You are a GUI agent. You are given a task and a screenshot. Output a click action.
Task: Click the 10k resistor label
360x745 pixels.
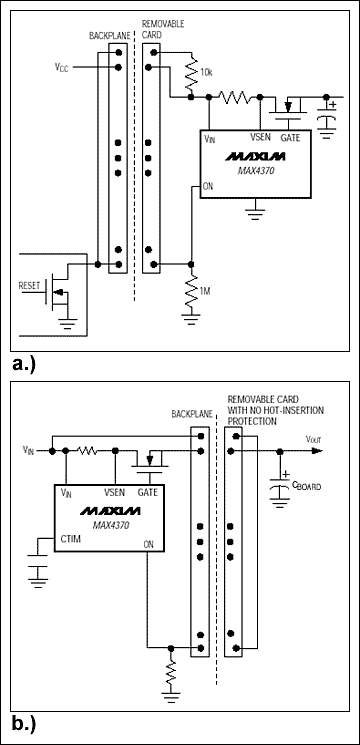point(204,75)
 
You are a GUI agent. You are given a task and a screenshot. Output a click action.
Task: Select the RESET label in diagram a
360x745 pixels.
point(34,285)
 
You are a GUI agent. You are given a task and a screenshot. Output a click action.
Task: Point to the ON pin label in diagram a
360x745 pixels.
point(208,185)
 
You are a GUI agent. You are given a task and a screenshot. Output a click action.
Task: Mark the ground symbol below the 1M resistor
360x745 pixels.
point(191,318)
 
